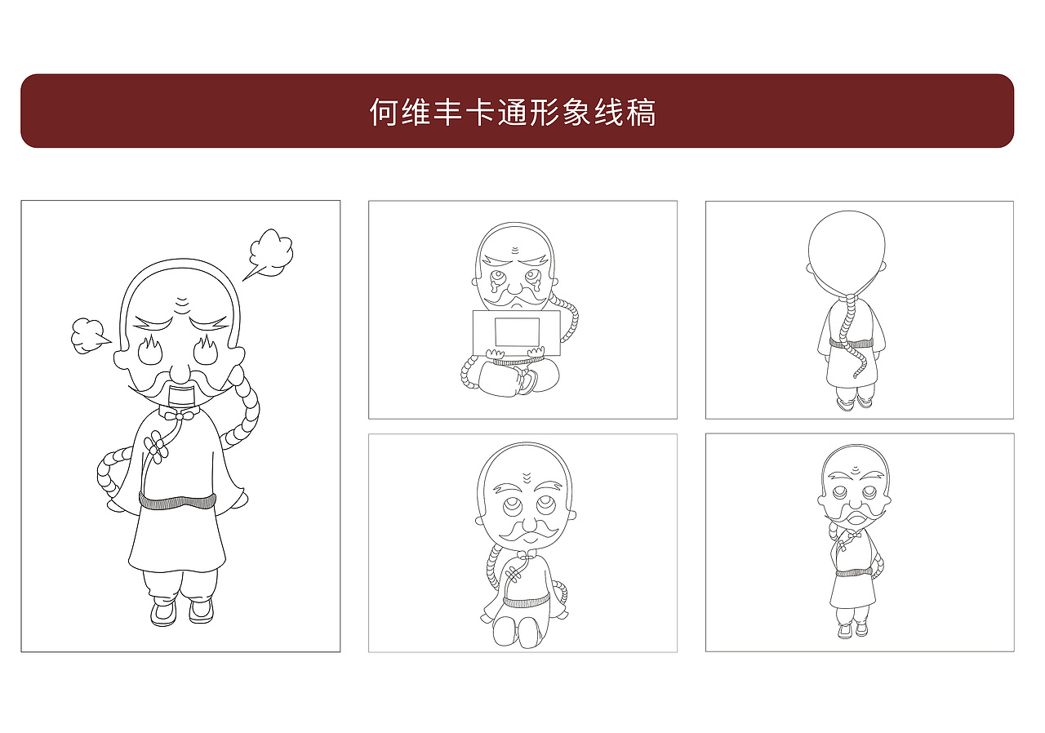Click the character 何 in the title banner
click(x=383, y=112)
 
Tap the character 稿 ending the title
click(x=642, y=112)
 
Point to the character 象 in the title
click(x=576, y=112)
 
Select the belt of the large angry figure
click(x=177, y=500)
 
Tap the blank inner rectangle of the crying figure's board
click(x=517, y=331)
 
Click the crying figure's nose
click(x=515, y=287)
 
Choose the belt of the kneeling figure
click(x=526, y=602)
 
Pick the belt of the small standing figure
click(x=854, y=572)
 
